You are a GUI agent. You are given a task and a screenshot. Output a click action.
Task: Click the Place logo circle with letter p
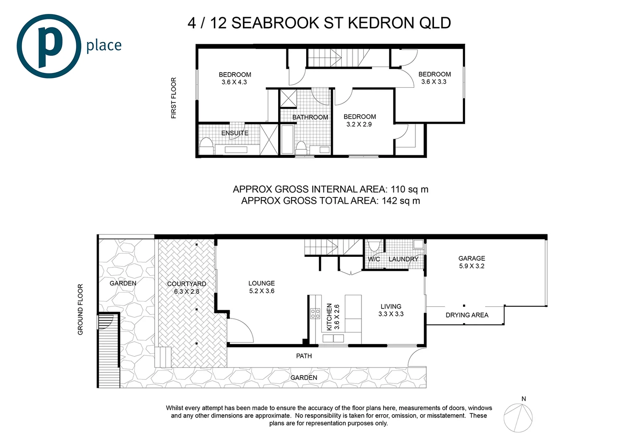point(48,46)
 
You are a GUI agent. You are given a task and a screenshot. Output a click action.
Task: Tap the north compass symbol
point(518,418)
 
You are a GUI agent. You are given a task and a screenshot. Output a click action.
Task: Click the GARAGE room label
point(471,258)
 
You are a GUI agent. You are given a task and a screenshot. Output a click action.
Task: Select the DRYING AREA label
point(467,315)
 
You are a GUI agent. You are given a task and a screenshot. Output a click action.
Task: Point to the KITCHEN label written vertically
point(329,317)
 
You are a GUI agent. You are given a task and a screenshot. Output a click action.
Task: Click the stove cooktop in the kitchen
point(315,314)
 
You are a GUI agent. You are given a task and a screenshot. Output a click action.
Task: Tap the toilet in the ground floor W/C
point(373,246)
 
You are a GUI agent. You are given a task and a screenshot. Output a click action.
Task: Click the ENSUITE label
point(235,133)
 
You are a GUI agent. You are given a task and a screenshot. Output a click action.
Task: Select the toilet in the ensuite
point(206,146)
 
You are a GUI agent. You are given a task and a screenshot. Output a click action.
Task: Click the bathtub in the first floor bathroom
point(287,139)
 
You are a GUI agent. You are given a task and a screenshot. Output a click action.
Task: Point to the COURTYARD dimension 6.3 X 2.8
point(186,292)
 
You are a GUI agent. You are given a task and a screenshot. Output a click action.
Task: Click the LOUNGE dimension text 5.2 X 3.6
point(261,291)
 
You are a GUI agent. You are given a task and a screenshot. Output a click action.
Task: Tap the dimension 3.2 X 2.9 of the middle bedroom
point(359,124)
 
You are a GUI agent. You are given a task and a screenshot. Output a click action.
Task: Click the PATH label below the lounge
point(304,356)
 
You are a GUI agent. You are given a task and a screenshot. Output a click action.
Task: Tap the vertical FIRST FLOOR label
point(173,98)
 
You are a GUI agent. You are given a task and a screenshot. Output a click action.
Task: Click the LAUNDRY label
point(403,259)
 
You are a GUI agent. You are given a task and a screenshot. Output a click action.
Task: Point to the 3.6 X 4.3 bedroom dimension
point(234,82)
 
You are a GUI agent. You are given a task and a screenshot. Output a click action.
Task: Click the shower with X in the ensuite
point(269,139)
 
